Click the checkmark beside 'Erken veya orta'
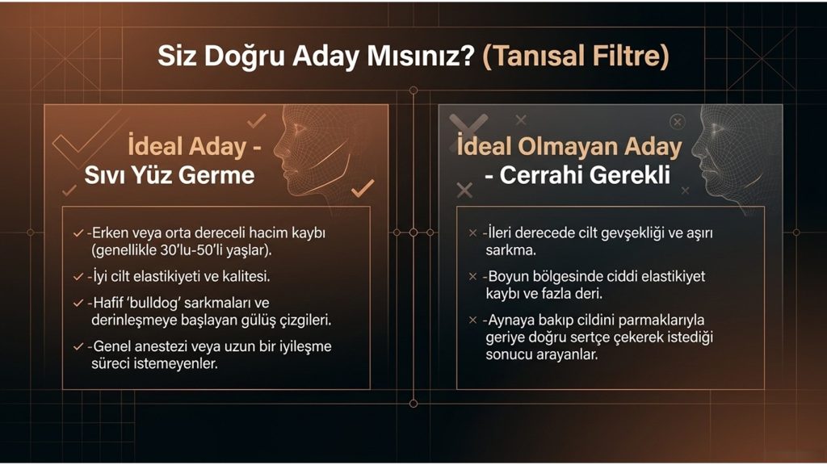coord(78,233)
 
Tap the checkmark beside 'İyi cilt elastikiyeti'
coord(78,277)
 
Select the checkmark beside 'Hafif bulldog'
coord(78,304)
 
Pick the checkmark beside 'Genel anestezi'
coord(78,347)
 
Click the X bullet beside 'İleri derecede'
coord(472,233)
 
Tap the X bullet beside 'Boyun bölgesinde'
coord(472,276)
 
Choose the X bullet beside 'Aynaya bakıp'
coord(472,320)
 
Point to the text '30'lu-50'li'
coord(195,250)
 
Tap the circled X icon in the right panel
coord(678,123)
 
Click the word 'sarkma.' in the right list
coord(510,250)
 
